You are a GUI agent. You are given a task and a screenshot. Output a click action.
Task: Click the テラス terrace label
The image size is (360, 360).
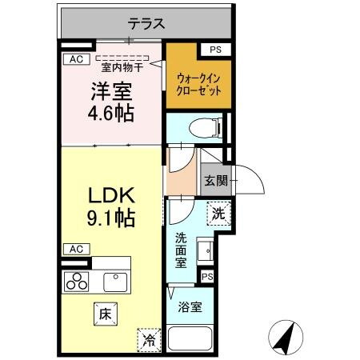(x=146, y=23)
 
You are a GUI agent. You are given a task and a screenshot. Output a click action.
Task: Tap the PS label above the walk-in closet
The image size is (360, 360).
(x=214, y=50)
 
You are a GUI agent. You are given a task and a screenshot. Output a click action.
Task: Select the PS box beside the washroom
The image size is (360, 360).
(x=208, y=276)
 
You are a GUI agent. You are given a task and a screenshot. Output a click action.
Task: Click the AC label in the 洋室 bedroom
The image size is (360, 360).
(x=75, y=58)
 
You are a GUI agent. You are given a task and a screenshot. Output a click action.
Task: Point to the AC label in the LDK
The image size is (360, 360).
(x=75, y=249)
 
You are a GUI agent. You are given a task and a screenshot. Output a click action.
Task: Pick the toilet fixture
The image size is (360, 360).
(x=194, y=126)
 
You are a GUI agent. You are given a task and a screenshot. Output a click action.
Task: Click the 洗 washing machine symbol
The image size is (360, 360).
(x=218, y=213)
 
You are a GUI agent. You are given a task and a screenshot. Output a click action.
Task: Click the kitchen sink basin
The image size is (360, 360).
(x=115, y=280)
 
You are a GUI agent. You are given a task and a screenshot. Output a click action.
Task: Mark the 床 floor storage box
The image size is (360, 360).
(x=104, y=313)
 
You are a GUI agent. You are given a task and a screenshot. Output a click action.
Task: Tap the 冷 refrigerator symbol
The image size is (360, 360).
(x=149, y=339)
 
